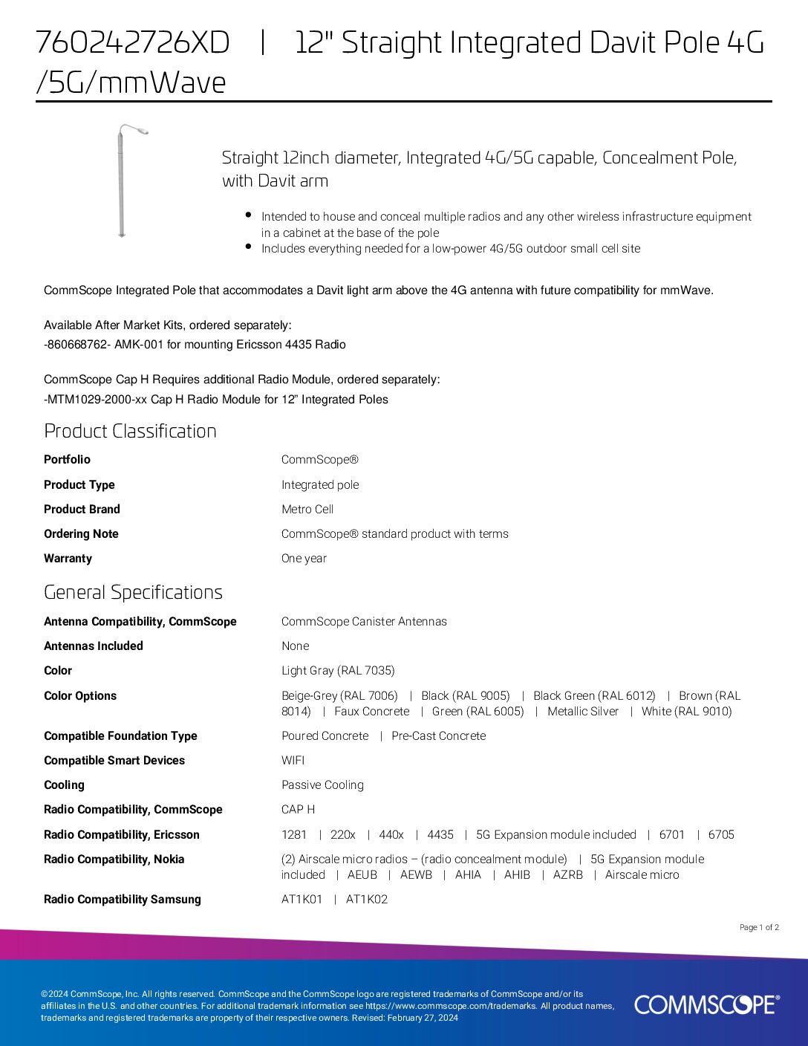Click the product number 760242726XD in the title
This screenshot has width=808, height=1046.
click(133, 43)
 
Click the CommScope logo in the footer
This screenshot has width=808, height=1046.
click(706, 1004)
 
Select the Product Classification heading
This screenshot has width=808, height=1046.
click(130, 431)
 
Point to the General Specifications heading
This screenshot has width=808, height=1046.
click(133, 592)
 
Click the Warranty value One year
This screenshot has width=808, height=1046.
click(304, 559)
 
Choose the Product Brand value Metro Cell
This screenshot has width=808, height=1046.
click(307, 510)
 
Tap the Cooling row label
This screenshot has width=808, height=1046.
click(64, 785)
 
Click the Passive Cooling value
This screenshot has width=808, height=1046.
click(322, 785)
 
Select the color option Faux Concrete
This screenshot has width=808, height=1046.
click(371, 712)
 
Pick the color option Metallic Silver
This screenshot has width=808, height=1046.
click(582, 712)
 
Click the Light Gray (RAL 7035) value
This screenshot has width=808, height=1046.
click(338, 671)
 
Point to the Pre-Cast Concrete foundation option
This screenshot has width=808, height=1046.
click(438, 736)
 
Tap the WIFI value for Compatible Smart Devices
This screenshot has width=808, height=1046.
click(293, 761)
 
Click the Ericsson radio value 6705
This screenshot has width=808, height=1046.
click(720, 835)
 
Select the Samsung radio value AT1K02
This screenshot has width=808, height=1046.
click(367, 900)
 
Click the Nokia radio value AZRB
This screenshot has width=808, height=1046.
click(567, 875)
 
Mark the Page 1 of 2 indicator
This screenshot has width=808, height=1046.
click(759, 927)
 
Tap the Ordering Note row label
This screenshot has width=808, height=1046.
click(81, 534)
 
